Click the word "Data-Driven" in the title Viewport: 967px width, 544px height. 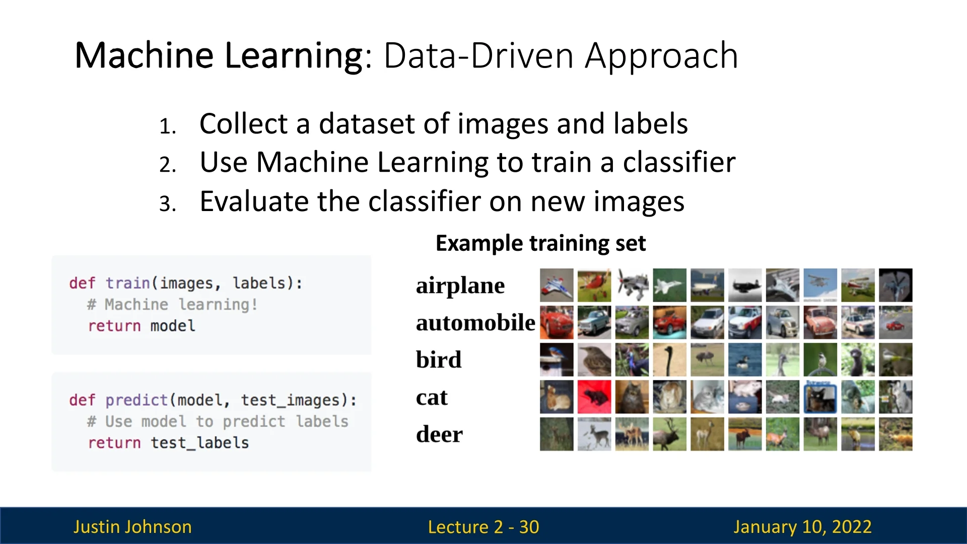479,55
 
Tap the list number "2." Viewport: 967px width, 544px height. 168,165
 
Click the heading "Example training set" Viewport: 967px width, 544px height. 540,243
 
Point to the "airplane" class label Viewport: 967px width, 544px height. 460,286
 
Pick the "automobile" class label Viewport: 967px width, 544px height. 475,322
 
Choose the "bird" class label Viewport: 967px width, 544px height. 439,360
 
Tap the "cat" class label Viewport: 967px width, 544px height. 432,397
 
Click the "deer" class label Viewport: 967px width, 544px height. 439,434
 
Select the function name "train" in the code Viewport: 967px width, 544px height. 127,283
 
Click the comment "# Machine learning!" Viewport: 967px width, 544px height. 172,304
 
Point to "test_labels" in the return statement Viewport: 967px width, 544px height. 200,443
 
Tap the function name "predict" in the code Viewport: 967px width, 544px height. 136,400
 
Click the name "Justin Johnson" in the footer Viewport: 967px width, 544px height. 132,527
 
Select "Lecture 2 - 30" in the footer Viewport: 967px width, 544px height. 483,527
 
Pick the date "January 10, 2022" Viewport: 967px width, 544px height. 802,527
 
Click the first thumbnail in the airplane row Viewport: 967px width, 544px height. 557,285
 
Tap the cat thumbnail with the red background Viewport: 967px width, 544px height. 594,397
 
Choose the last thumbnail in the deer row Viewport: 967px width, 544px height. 895,434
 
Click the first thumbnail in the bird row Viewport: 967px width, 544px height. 557,360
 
